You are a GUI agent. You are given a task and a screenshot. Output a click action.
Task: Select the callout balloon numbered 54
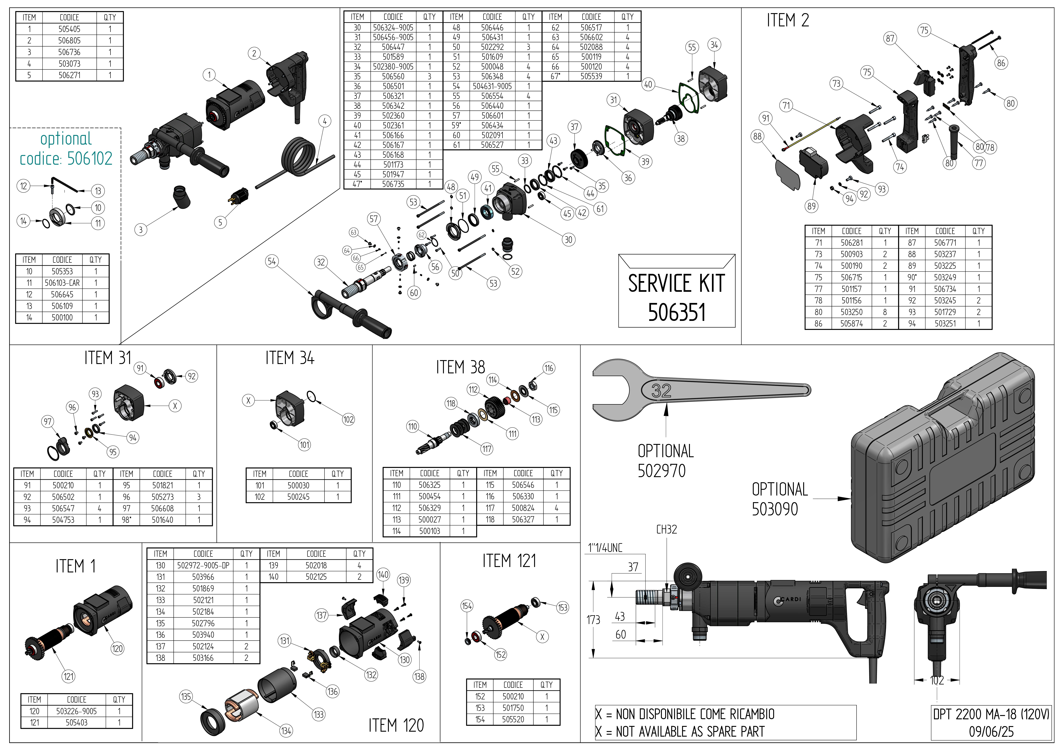[272, 261]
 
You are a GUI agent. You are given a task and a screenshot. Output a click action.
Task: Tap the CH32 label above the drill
[667, 529]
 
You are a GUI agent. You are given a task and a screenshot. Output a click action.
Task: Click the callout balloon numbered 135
[186, 696]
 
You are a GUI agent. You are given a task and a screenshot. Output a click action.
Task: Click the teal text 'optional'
[66, 138]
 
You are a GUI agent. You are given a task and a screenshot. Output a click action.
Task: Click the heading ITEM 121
[509, 561]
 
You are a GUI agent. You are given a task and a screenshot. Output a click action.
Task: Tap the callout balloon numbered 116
[548, 368]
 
